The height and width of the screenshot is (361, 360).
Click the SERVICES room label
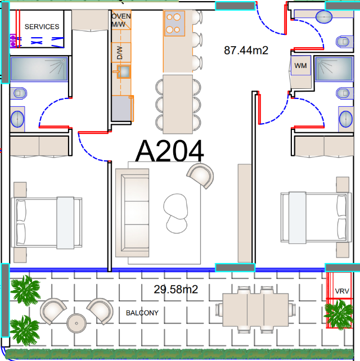coord(42,26)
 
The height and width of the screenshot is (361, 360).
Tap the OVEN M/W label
coord(121,20)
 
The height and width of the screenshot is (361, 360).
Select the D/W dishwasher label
coord(120,53)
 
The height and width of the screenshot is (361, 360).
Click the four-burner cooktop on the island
coord(174,24)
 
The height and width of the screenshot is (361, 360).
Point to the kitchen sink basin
coord(124,72)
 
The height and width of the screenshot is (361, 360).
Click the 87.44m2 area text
coord(246,50)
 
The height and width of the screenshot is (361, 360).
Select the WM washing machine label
coord(300,66)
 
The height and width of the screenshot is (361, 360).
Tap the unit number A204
coord(169,151)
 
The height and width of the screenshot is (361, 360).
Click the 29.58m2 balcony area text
coord(175,289)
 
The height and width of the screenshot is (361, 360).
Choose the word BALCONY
coord(142,313)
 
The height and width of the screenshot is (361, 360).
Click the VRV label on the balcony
coord(342,291)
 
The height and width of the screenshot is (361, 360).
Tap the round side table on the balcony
coord(76,323)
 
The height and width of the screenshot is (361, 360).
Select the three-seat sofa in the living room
coord(132,213)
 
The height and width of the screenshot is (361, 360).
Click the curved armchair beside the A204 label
coord(201,175)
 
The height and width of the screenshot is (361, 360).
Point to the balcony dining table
coord(255,310)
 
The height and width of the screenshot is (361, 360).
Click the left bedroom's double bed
coord(47,223)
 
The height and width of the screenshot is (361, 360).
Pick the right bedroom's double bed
coord(316,218)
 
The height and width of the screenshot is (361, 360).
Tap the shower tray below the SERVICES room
coord(39,69)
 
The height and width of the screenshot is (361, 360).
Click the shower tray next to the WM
coord(334,69)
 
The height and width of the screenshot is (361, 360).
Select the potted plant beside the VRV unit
coord(339,314)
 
